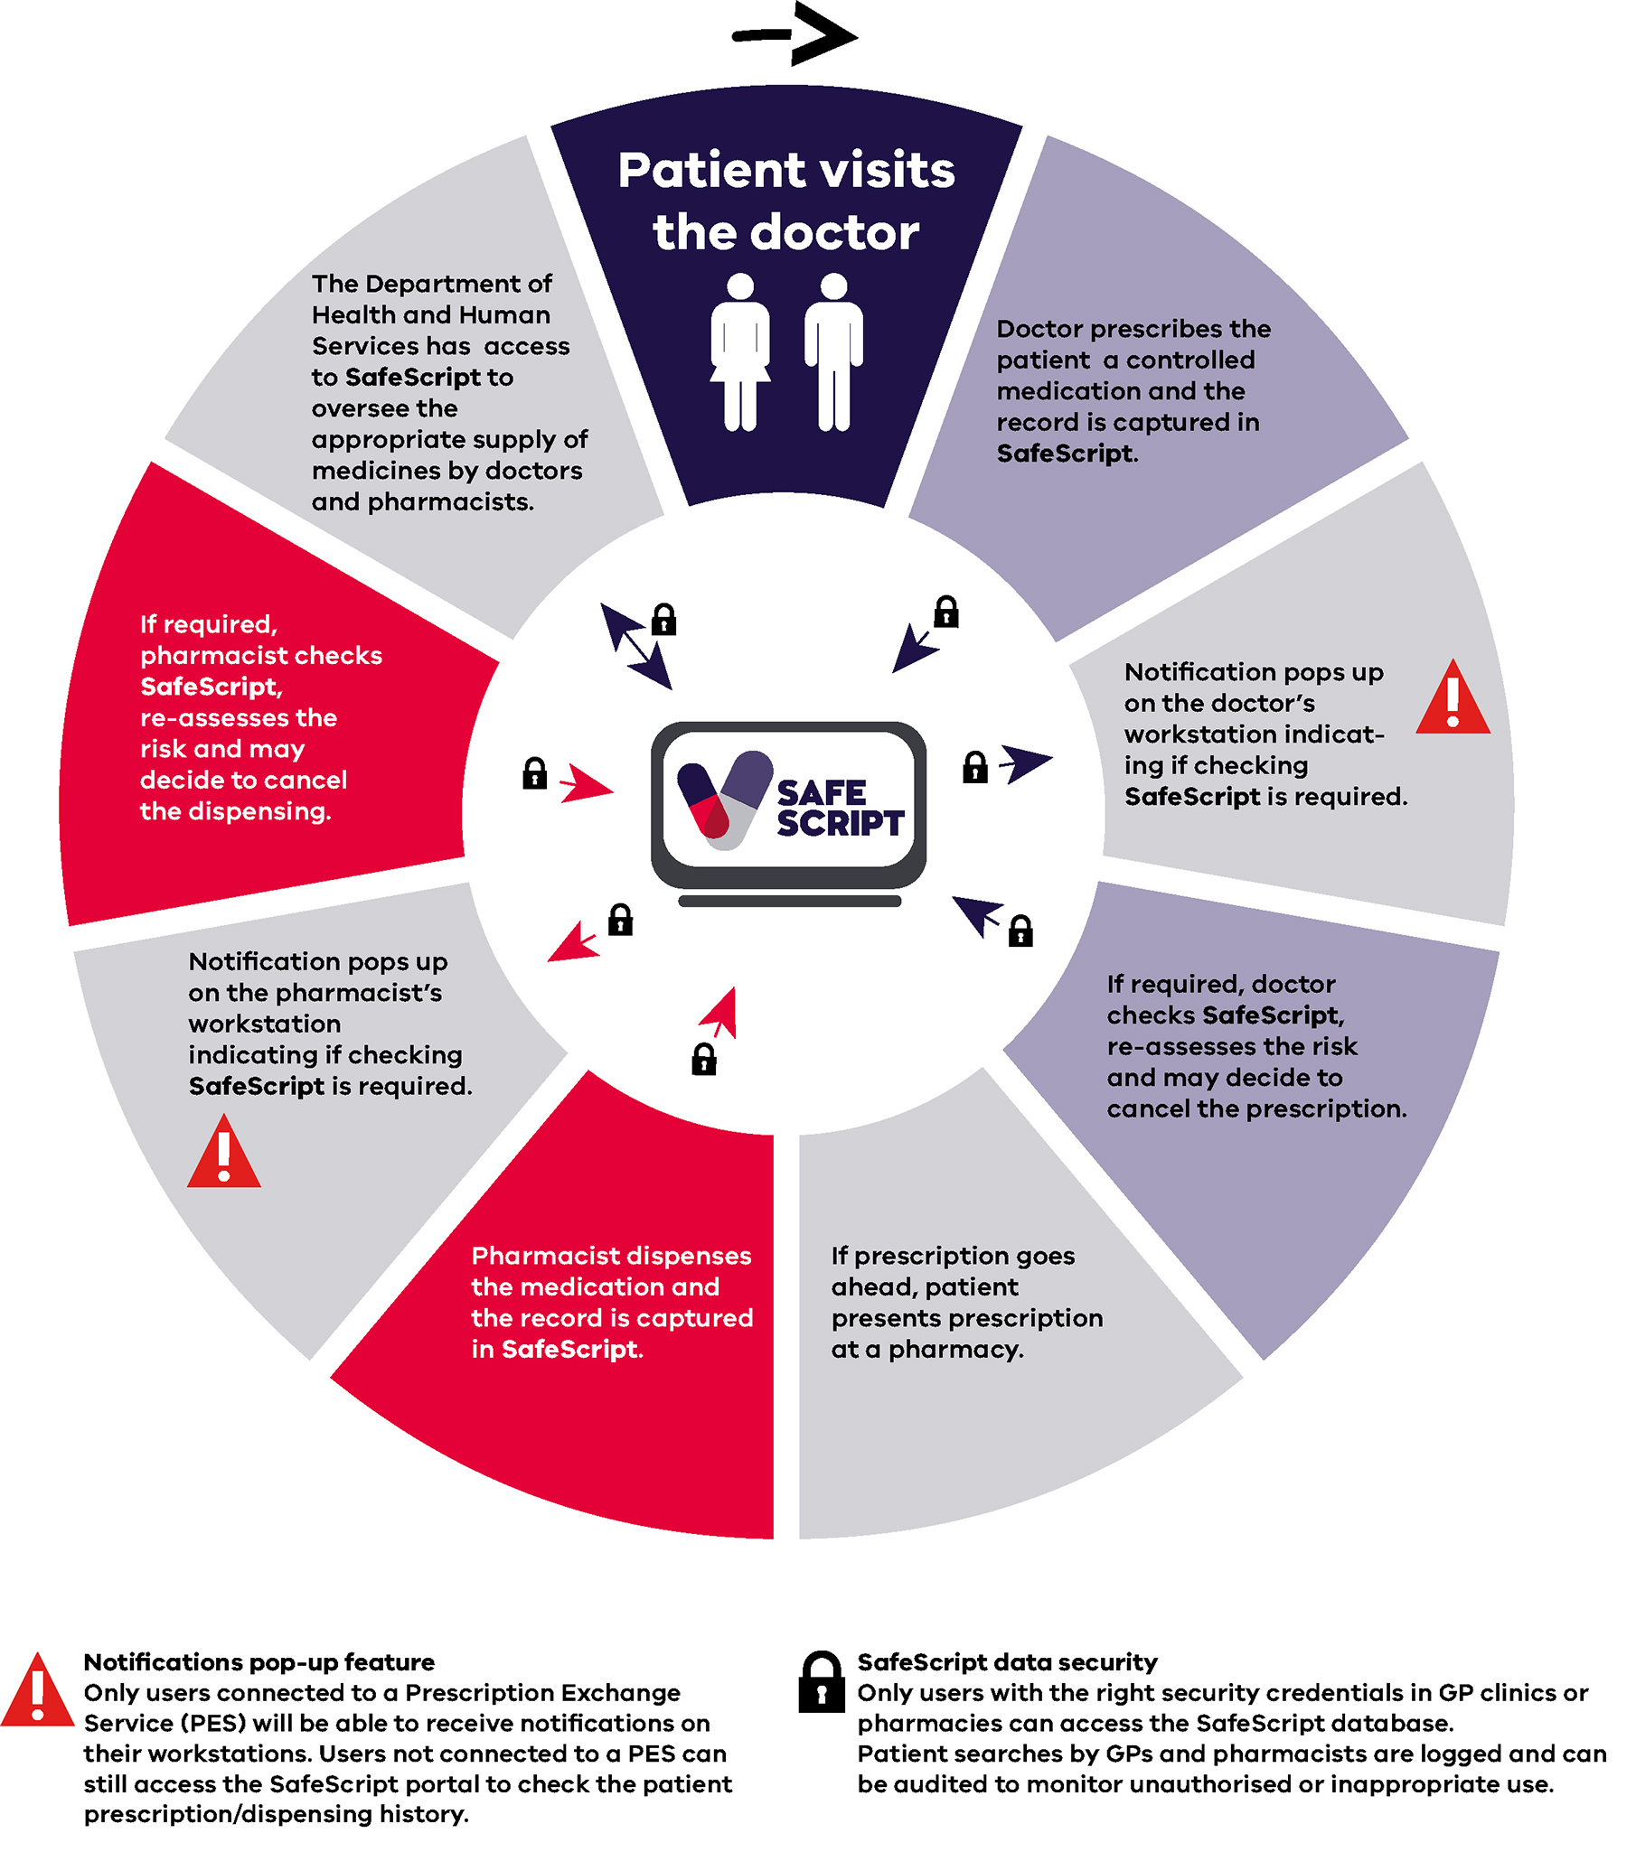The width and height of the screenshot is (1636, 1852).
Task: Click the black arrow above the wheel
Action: click(795, 34)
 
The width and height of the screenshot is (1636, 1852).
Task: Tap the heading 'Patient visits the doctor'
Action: click(785, 201)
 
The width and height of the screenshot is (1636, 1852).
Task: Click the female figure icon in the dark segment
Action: click(739, 351)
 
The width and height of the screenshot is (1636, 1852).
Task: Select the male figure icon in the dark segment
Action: click(833, 351)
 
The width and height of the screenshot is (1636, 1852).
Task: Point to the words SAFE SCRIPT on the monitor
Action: click(839, 809)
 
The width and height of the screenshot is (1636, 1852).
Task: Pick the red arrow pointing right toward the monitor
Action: click(585, 785)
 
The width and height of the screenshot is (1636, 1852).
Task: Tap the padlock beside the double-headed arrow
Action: click(664, 620)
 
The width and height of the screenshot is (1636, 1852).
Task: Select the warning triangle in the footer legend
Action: click(37, 1690)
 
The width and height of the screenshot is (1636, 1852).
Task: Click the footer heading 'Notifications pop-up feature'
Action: click(259, 1662)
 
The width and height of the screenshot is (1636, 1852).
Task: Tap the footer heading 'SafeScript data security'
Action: click(1007, 1662)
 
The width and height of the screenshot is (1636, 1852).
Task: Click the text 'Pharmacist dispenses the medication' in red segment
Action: click(611, 1271)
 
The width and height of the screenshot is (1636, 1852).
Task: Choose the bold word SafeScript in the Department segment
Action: click(412, 377)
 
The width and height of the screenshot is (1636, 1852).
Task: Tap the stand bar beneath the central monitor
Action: click(789, 901)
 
